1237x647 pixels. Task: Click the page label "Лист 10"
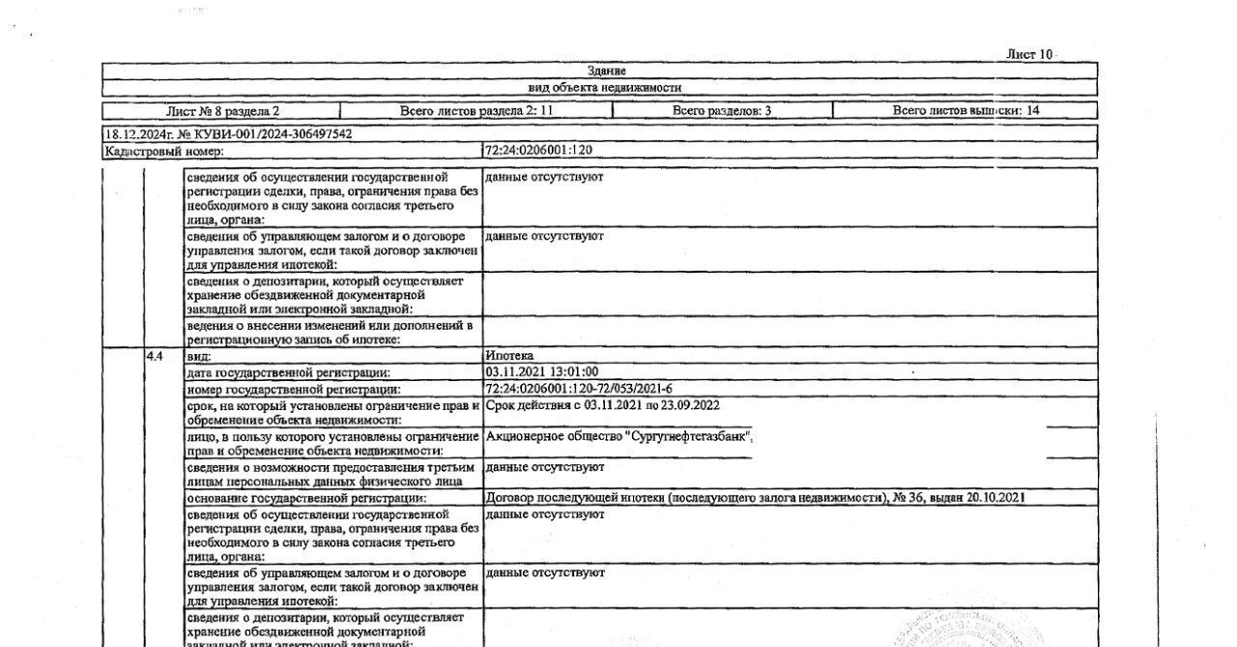(x=1029, y=54)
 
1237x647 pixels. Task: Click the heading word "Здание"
(x=606, y=71)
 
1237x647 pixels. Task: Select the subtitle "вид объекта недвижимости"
(x=605, y=87)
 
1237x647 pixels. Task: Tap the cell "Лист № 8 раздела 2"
(x=223, y=111)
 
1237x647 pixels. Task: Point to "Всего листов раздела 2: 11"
(x=476, y=111)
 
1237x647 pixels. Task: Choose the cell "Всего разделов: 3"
(x=721, y=111)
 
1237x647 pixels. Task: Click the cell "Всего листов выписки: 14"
(x=965, y=111)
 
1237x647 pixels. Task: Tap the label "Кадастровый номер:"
(x=164, y=151)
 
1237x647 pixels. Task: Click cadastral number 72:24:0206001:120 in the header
(x=538, y=151)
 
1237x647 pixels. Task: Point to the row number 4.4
(x=155, y=356)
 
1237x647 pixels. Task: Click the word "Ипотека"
(x=509, y=356)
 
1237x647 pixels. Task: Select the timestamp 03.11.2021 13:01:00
(x=541, y=371)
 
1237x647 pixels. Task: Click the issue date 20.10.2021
(x=995, y=498)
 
